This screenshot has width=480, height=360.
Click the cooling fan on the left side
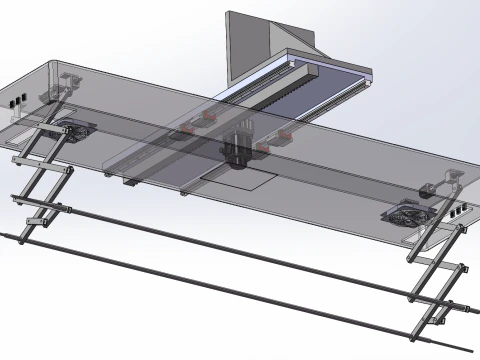pyautogui.click(x=71, y=129)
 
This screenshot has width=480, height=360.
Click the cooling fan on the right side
pyautogui.click(x=409, y=215)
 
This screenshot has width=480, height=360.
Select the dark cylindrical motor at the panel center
pyautogui.click(x=236, y=149)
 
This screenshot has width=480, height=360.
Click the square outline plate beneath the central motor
pyautogui.click(x=240, y=178)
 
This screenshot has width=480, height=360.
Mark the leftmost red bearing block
pyautogui.click(x=188, y=129)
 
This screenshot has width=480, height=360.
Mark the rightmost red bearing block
pyautogui.click(x=284, y=133)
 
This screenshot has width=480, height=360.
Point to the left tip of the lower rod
pyautogui.click(x=5, y=235)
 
